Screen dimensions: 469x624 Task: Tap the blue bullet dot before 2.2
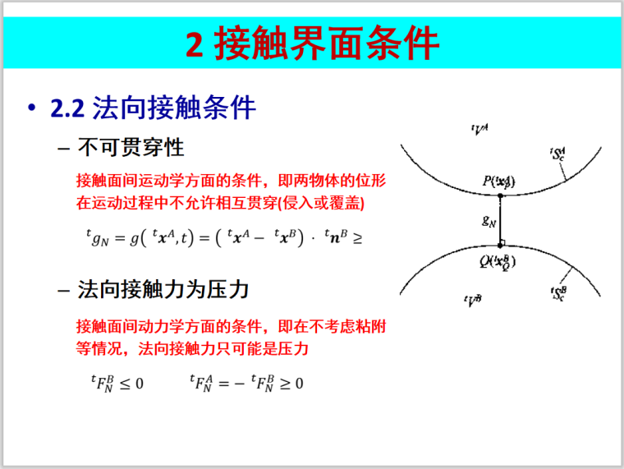point(32,109)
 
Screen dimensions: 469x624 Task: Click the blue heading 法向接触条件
point(175,108)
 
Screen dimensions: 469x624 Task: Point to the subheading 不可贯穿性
point(131,148)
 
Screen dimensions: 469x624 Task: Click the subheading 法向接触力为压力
point(163,290)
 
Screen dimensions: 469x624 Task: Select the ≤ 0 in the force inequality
point(131,384)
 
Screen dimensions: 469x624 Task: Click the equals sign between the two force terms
point(227,384)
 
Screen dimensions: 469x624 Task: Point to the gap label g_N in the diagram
point(489,219)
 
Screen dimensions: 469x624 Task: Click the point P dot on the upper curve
point(500,195)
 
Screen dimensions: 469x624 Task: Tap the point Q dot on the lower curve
point(500,246)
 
